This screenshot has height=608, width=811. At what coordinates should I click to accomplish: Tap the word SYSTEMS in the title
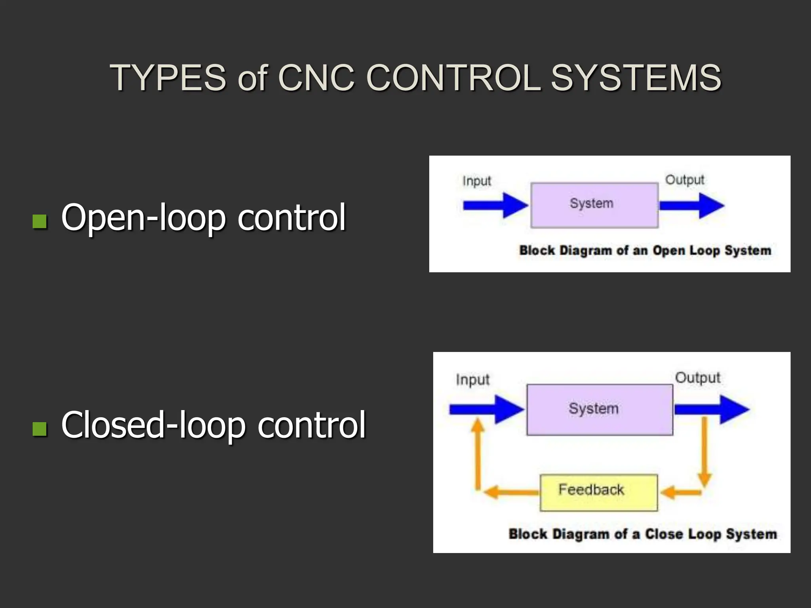pos(636,78)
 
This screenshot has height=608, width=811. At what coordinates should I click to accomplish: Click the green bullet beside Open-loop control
pos(40,222)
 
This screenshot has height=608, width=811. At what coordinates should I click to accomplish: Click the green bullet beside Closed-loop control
pos(40,428)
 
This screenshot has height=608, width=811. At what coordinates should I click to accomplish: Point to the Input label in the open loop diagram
pos(476,181)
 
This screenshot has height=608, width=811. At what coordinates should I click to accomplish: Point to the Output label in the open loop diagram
pos(684,180)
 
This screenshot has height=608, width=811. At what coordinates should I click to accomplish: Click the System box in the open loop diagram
pos(594,205)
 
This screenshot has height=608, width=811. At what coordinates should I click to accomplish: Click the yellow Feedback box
pos(598,492)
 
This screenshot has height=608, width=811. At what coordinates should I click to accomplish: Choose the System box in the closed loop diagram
pos(599,410)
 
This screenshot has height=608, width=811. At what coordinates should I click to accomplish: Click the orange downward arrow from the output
pos(704,451)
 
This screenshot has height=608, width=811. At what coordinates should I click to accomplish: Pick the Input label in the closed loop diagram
pos(472,380)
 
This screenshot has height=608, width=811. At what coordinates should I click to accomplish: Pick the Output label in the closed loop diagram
pos(697,378)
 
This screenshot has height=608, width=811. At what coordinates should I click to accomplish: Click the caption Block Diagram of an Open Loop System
pos(645,251)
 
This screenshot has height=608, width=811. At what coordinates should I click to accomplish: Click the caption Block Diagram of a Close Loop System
pos(642,534)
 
